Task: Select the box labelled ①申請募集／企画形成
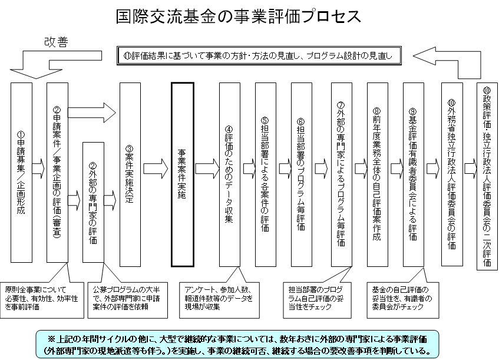[21, 172]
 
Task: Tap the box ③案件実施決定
[130, 172]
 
